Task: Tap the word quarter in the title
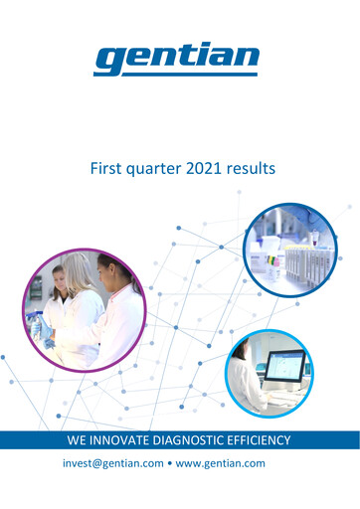(151, 171)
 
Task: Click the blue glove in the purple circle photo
(47, 340)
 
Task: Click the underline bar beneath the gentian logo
(177, 73)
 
